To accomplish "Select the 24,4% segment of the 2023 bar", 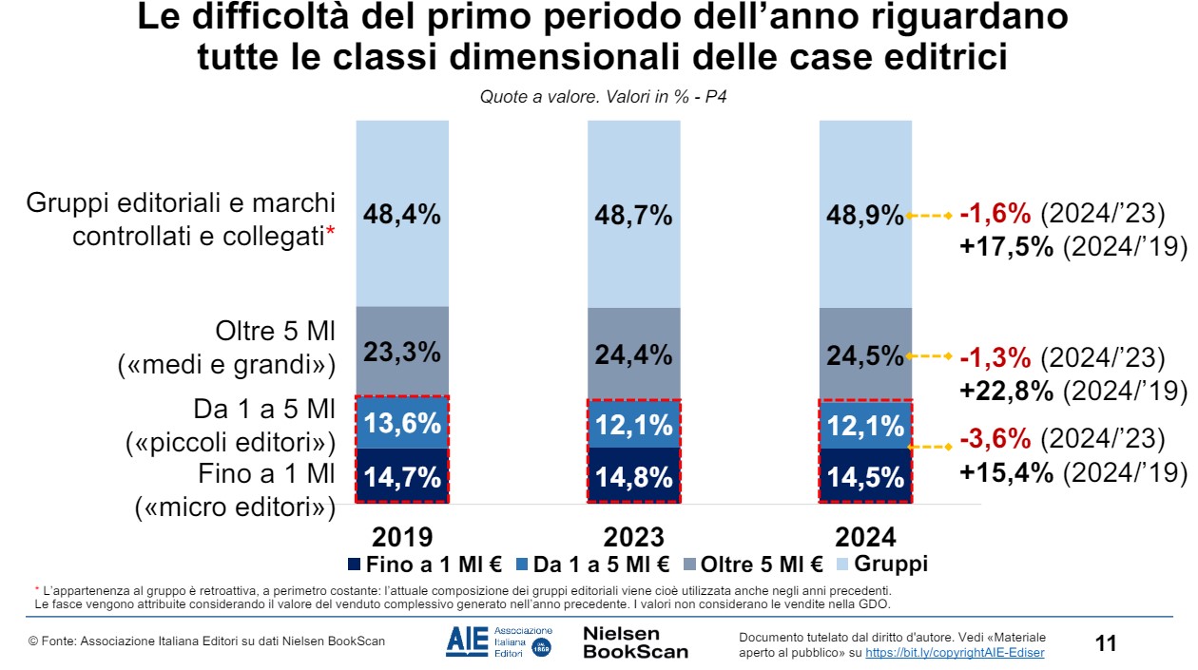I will [633, 354].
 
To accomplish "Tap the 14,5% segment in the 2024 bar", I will [865, 476].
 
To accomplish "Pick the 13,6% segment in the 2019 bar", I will [402, 424].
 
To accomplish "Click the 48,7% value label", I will [633, 216].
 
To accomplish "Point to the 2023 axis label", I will [633, 537].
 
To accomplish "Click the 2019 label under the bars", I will [402, 537].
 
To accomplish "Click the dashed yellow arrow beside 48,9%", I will [930, 216].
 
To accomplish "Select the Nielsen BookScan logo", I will [635, 642].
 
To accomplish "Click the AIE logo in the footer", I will [498, 642].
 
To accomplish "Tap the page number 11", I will [1106, 643].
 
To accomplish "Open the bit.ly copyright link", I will [955, 652].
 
